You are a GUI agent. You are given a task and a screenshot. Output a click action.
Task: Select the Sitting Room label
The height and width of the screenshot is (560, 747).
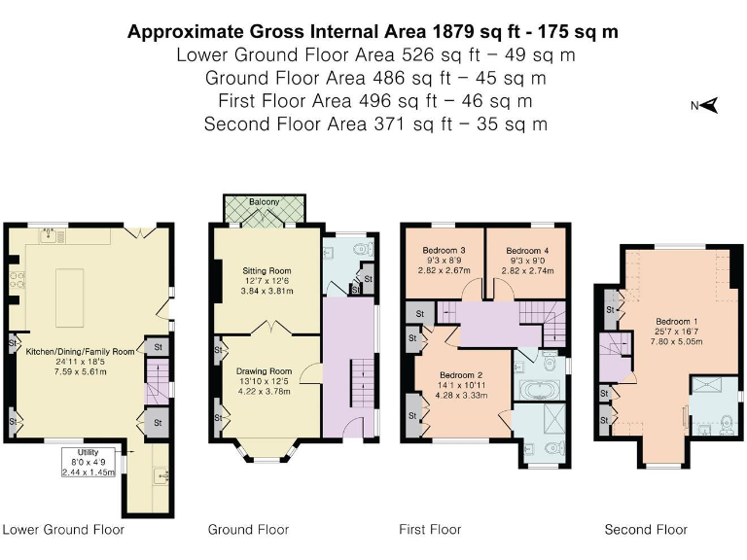(266, 270)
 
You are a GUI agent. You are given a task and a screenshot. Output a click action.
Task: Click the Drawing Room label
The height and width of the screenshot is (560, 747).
(265, 370)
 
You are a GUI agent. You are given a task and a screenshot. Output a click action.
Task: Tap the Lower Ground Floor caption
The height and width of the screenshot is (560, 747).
(63, 530)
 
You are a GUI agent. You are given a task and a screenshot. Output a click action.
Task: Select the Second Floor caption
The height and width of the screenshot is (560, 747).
(646, 530)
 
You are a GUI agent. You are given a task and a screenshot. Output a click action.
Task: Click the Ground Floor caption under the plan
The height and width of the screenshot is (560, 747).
(248, 530)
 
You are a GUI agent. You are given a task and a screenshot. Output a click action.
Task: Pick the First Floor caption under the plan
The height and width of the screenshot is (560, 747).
(430, 530)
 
